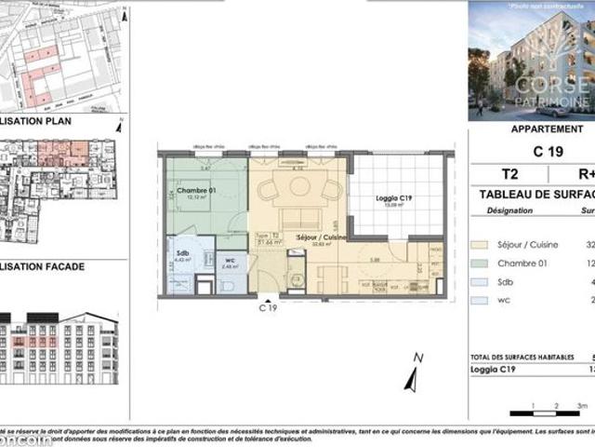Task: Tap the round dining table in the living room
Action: coord(299,186)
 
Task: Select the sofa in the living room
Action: coord(299,221)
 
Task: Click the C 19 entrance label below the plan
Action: coord(268,306)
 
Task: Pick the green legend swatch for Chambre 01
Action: coord(480,264)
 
